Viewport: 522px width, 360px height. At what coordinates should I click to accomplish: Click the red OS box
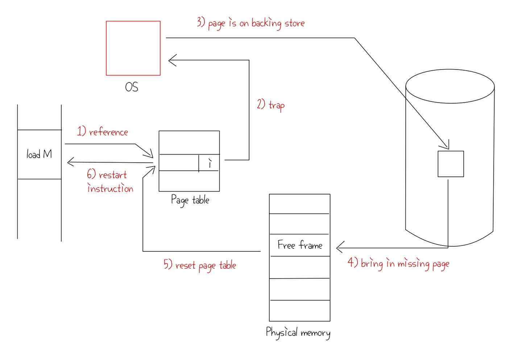133,48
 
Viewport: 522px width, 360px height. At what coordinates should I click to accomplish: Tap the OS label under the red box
132,87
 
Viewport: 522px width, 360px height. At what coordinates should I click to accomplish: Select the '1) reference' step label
102,131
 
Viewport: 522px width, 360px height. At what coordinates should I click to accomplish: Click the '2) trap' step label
271,105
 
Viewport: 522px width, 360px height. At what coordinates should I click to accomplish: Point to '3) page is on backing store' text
250,24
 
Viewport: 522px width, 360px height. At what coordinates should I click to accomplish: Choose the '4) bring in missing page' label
398,263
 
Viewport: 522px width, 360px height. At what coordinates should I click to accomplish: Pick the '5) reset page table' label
200,265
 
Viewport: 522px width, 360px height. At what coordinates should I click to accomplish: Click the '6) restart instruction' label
110,181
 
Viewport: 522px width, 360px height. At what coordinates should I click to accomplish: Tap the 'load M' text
39,155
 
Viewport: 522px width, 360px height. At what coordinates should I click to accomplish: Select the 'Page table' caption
190,200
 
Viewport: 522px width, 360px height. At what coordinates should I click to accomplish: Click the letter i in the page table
210,163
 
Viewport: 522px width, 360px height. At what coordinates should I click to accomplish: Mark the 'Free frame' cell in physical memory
300,246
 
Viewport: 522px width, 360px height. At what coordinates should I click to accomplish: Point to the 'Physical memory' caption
298,332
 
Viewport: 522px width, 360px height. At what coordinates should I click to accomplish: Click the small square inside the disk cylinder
451,164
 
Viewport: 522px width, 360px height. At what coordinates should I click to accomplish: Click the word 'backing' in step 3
266,24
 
